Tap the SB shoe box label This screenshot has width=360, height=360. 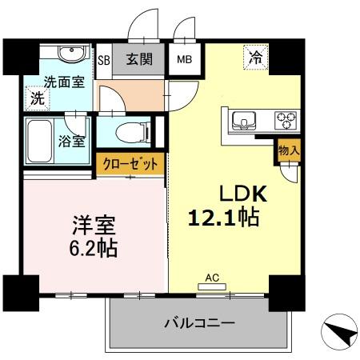(x=103, y=58)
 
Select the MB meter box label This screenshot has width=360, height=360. (x=183, y=58)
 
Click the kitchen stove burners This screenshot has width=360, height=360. (x=286, y=122)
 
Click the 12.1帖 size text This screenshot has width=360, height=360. (x=223, y=217)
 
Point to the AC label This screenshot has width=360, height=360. (x=212, y=278)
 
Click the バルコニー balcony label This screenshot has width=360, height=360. (x=198, y=324)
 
